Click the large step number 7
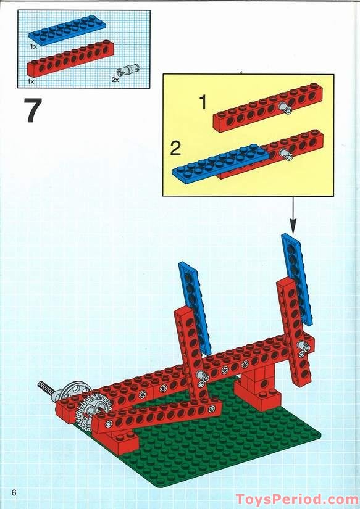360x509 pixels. coord(33,110)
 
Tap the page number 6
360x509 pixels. coord(14,492)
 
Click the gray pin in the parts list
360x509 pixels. coord(128,70)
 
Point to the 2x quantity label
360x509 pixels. coord(115,80)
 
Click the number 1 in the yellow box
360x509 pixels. coord(203,102)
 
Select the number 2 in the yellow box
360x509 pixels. coord(175,149)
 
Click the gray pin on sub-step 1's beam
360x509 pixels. coord(285,108)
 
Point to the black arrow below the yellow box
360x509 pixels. coord(293,215)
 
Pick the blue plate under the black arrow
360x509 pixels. coord(297,279)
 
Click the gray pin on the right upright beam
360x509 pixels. coord(304,347)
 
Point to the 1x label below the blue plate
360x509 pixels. coord(33,46)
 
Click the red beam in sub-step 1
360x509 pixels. coord(268,107)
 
